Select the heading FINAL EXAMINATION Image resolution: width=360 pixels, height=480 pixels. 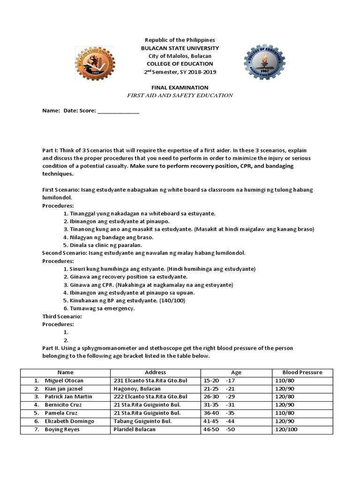180,88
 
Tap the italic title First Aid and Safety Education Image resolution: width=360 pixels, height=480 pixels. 180,95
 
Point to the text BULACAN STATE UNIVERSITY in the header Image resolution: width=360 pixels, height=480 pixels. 180,48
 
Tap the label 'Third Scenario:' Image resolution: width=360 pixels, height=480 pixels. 62,316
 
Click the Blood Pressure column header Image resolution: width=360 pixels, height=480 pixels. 302,372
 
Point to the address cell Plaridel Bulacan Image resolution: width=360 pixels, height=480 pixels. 134,429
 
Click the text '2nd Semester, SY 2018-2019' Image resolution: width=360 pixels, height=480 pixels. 180,71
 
